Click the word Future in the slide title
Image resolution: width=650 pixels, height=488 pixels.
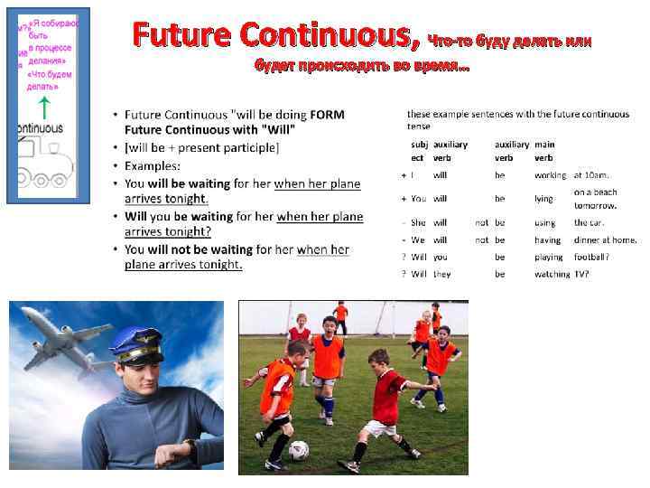tap(177, 35)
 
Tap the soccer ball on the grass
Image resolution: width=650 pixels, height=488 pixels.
tap(298, 449)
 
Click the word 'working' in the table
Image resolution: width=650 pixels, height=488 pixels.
tap(550, 175)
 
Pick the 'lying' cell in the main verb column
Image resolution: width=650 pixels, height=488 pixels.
tap(543, 199)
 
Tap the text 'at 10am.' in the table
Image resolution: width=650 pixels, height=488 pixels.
tap(592, 175)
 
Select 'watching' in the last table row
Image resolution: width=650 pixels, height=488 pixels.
tap(552, 274)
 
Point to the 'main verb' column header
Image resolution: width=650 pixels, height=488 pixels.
tap(544, 151)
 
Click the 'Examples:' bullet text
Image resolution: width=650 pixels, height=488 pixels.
tap(153, 165)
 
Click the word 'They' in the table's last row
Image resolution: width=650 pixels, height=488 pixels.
tap(441, 274)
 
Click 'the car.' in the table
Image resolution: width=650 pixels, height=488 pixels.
tap(590, 222)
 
